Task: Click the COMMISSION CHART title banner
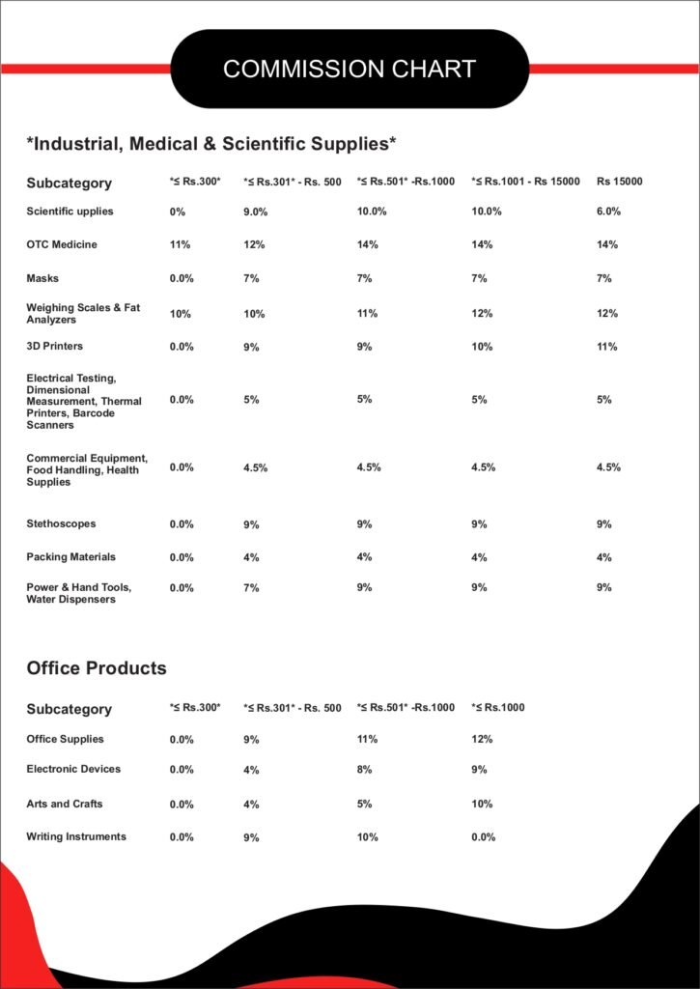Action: pos(350,69)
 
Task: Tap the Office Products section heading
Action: pos(97,667)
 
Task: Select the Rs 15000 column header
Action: pos(620,182)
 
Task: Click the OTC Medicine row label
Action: pos(62,244)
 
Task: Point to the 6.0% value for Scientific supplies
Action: pos(608,212)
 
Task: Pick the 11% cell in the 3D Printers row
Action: pos(607,347)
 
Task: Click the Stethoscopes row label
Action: pos(61,523)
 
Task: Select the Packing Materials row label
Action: pos(70,556)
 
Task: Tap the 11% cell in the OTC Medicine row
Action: pos(180,245)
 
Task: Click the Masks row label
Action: pos(42,278)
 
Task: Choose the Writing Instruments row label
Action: pos(76,836)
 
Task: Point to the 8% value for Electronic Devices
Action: pos(367,770)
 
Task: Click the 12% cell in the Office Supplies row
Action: pos(482,739)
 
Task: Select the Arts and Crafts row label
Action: pos(65,804)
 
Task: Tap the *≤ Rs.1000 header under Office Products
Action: pos(497,708)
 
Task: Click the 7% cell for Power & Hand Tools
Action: pos(251,587)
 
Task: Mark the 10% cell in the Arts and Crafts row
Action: pos(482,804)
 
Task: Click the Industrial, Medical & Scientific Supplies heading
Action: pos(211,144)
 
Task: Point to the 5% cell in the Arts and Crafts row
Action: pos(367,804)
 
